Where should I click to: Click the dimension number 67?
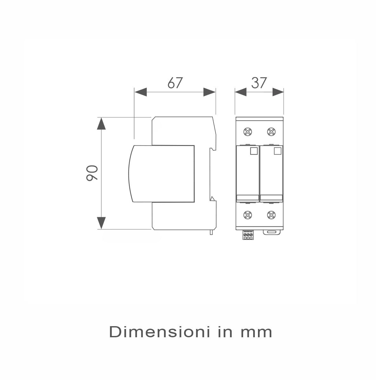tap(175, 83)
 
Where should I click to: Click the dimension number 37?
tap(259, 83)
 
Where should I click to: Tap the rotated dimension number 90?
tap(92, 173)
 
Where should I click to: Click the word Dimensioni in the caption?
tap(159, 332)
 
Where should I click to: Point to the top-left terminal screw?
tap(247, 131)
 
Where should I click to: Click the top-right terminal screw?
tap(271, 131)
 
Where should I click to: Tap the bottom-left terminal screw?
tap(247, 215)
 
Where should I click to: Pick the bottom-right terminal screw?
tap(271, 215)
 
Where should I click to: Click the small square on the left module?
tap(254, 151)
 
